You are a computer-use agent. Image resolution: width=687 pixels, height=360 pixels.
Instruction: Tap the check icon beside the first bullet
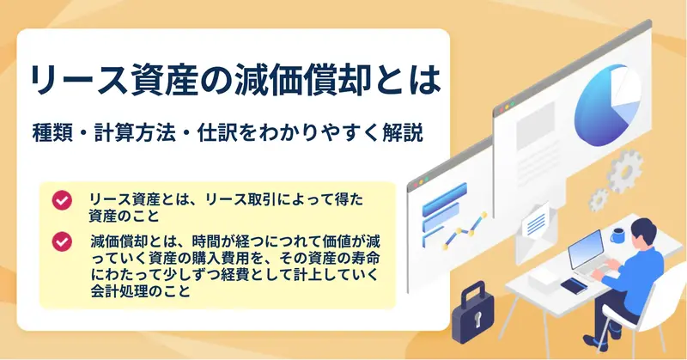62,200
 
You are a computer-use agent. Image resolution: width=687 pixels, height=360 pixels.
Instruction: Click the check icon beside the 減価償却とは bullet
62,241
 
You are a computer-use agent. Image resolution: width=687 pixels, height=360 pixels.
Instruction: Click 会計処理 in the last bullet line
119,290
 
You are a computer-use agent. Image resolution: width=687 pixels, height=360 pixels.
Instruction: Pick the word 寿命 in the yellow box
365,258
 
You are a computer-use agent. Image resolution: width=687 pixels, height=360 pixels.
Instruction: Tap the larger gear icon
625,170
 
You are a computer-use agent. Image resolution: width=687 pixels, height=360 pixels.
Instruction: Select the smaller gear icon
599,199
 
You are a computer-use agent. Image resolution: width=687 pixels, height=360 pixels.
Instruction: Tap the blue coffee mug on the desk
617,236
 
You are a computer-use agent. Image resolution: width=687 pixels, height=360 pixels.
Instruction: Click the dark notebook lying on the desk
574,286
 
